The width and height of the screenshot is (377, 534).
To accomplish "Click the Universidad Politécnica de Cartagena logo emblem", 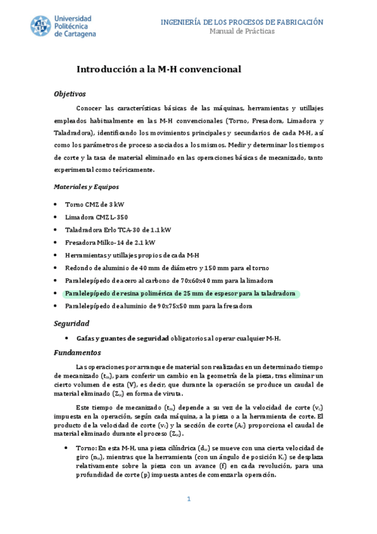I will [x=41, y=26].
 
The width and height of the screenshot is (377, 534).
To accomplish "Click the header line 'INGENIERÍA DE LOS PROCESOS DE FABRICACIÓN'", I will [x=242, y=22].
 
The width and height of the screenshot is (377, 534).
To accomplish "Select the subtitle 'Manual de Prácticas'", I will [x=242, y=31].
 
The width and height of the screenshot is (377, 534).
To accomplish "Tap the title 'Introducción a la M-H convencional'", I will [x=159, y=69].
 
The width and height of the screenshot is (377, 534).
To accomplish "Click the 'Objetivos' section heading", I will [x=69, y=94].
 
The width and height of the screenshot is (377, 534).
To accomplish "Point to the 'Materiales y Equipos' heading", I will [x=86, y=187].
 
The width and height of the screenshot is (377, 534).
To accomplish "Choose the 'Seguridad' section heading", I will [x=70, y=323].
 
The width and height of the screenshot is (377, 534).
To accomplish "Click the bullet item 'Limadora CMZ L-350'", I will [x=96, y=217].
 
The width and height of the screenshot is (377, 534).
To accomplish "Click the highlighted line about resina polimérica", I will [x=180, y=293].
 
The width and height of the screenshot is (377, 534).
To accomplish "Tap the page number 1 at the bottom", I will [x=188, y=499].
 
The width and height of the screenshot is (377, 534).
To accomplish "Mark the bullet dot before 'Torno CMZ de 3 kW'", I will [x=57, y=205].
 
